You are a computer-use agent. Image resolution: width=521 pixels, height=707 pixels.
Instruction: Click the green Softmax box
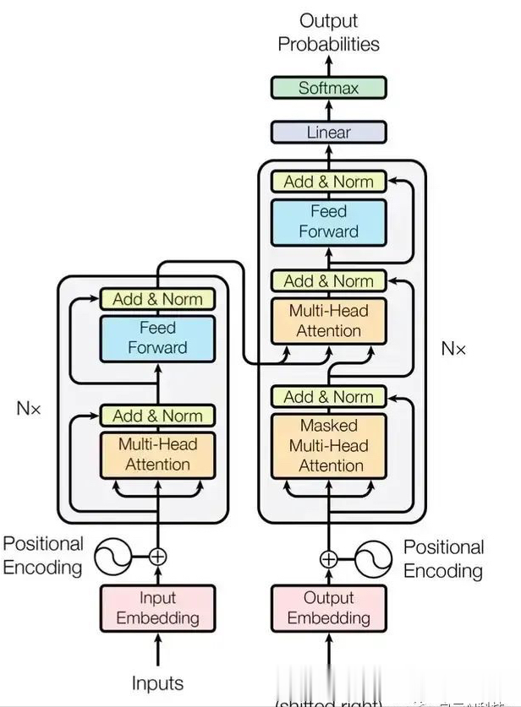tap(328, 88)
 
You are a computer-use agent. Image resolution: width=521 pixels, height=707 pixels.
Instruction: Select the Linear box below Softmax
tap(328, 133)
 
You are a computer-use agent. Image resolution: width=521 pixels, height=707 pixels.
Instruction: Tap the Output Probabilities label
tap(328, 32)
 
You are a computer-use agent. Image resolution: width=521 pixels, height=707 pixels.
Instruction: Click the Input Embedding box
tap(157, 608)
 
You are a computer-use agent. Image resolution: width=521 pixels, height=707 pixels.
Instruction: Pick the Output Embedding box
tap(328, 608)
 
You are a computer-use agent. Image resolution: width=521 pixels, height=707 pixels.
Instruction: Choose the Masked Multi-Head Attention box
tap(328, 445)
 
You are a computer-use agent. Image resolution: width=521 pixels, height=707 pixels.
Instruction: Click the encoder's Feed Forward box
tap(157, 337)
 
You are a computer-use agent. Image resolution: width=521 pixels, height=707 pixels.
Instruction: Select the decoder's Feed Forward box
tap(328, 221)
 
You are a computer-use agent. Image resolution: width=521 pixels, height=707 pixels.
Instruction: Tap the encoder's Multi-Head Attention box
tap(157, 454)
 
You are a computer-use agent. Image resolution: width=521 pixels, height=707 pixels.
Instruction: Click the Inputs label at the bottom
tap(157, 683)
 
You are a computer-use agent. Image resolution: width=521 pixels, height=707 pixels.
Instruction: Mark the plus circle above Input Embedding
tap(157, 557)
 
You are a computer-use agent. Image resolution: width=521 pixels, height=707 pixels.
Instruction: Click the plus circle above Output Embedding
tap(328, 558)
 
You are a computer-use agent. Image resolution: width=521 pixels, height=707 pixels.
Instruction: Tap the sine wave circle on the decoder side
tap(370, 558)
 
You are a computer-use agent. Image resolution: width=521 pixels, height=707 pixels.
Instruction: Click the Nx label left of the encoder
tap(28, 408)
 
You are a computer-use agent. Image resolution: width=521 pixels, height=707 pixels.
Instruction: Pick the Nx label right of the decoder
tap(453, 348)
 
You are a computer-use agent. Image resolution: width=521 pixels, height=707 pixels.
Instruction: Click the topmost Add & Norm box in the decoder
tap(328, 182)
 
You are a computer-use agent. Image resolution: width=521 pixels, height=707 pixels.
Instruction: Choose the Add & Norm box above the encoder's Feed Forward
tap(157, 299)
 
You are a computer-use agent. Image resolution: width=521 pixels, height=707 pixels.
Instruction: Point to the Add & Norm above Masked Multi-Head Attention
tap(328, 397)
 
